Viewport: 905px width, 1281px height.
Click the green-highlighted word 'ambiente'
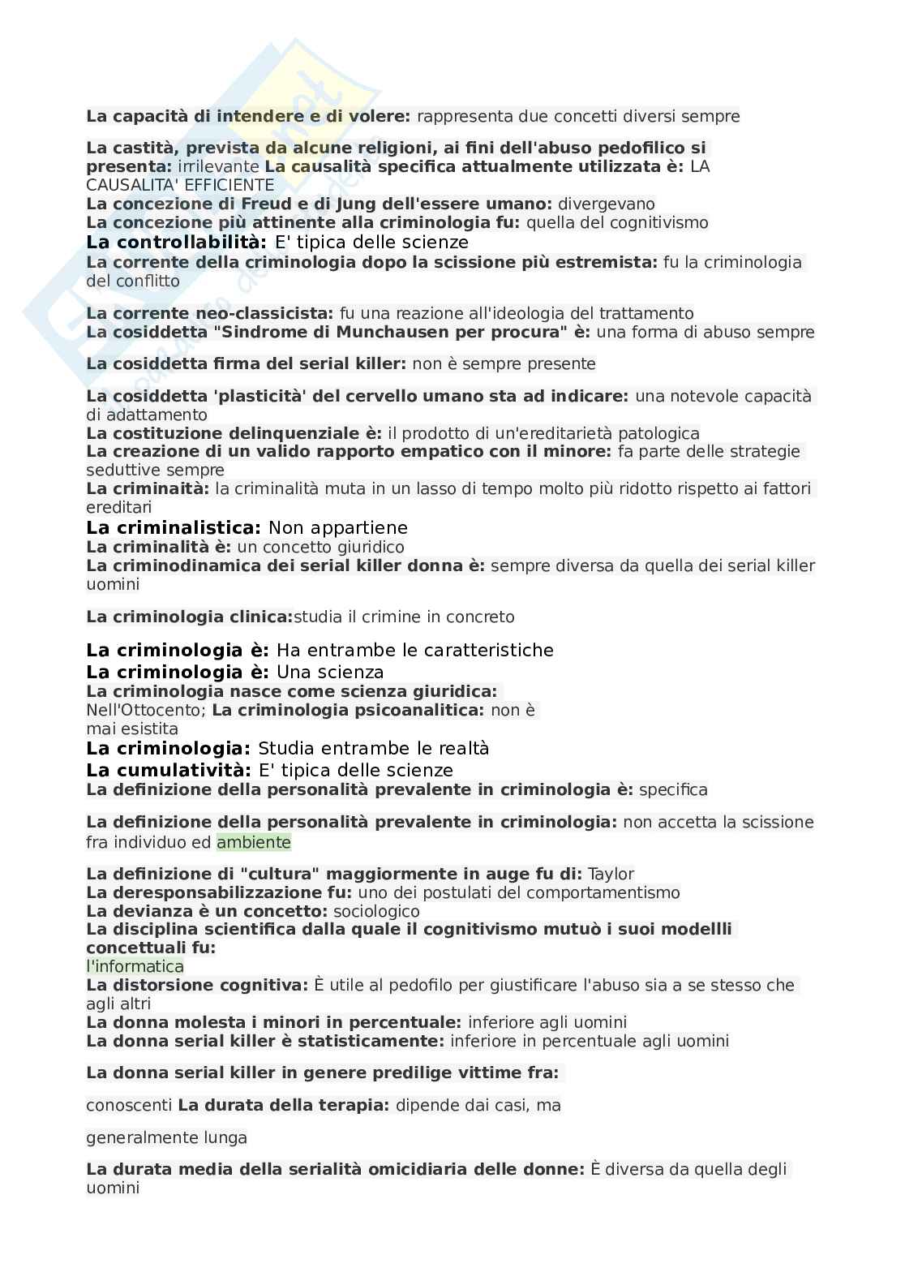(x=253, y=842)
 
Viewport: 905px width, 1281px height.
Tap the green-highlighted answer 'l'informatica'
(x=135, y=966)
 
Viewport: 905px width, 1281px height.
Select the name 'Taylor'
(x=611, y=874)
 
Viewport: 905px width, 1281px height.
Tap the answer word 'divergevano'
(x=607, y=204)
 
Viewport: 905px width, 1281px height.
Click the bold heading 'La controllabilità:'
(x=177, y=242)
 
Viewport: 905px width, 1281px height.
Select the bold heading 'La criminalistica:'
(x=174, y=528)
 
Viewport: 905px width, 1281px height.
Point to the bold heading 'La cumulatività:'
(x=169, y=770)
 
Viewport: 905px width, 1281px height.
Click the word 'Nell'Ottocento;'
(x=146, y=711)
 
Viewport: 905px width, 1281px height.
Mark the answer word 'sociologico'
(x=376, y=911)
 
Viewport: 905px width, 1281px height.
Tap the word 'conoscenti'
(x=129, y=1105)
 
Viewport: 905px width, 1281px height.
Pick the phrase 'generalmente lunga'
(x=166, y=1137)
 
